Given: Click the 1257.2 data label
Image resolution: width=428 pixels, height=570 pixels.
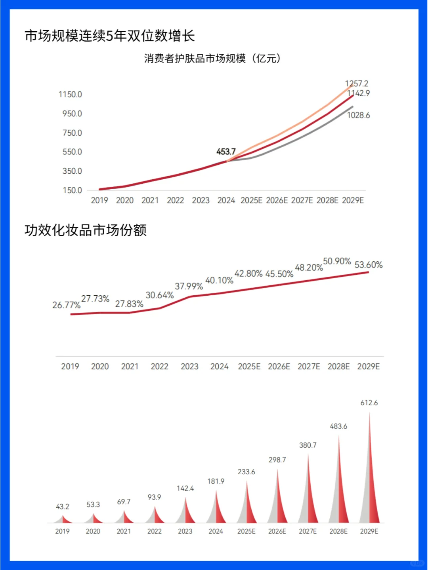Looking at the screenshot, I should tap(357, 84).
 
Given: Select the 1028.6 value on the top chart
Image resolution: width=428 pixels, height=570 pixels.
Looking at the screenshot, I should tap(359, 115).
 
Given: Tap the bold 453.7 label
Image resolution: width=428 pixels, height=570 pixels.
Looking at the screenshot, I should tap(226, 152).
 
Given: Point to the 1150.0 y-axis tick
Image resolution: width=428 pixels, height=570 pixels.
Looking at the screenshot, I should tap(70, 94).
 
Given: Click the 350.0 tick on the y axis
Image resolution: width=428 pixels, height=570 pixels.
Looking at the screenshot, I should tap(72, 171).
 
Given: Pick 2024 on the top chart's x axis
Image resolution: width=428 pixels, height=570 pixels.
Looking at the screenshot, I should tap(226, 200).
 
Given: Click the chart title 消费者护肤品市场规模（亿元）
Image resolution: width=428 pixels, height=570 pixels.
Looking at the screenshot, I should tap(212, 59).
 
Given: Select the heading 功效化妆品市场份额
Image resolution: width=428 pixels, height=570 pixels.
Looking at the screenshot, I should tap(86, 230).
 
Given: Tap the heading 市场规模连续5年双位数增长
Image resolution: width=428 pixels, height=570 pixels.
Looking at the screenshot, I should tap(110, 36).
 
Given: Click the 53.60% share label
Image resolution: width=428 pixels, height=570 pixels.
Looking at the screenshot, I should tap(369, 265).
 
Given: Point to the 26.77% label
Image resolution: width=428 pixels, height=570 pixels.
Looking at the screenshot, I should tap(66, 305).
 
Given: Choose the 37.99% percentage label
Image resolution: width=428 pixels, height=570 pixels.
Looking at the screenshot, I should tap(189, 286).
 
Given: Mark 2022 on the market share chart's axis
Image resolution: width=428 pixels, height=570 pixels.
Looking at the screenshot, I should tap(159, 367).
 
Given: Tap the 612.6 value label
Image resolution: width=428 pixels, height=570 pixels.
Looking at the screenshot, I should tap(369, 403).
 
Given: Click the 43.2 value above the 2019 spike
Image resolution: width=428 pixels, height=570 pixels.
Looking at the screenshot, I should tap(63, 507).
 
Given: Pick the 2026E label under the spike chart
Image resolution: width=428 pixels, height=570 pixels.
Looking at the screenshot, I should tap(277, 531).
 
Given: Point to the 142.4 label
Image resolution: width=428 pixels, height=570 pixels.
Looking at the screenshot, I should tap(185, 488).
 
